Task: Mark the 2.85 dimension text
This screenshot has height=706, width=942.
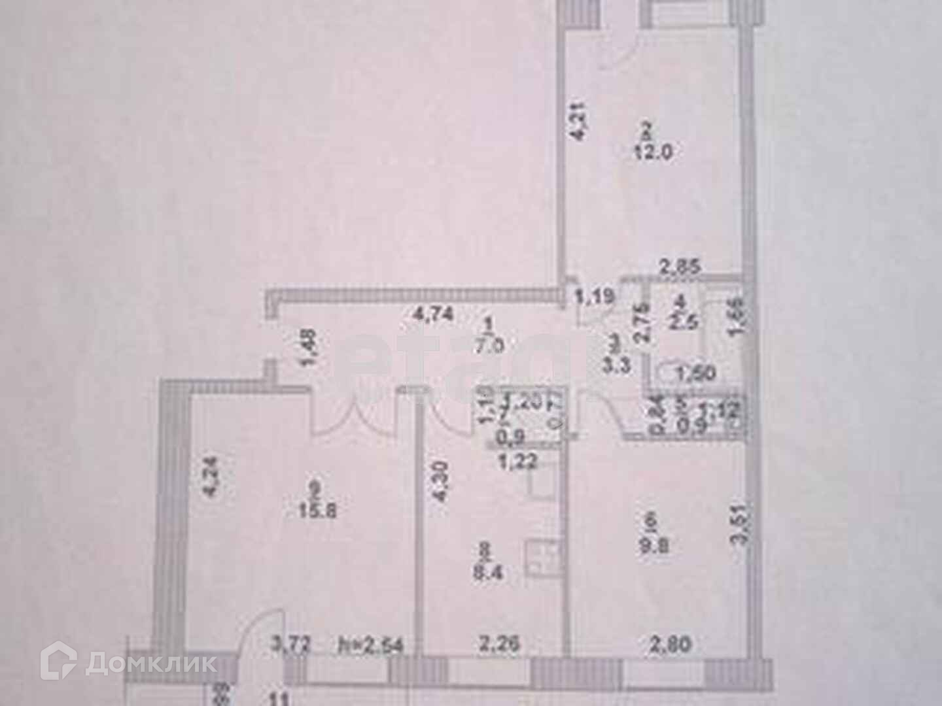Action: pyautogui.click(x=680, y=267)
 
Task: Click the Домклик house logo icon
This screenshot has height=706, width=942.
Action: pyautogui.click(x=57, y=663)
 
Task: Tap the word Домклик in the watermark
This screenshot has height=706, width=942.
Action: pyautogui.click(x=150, y=664)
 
